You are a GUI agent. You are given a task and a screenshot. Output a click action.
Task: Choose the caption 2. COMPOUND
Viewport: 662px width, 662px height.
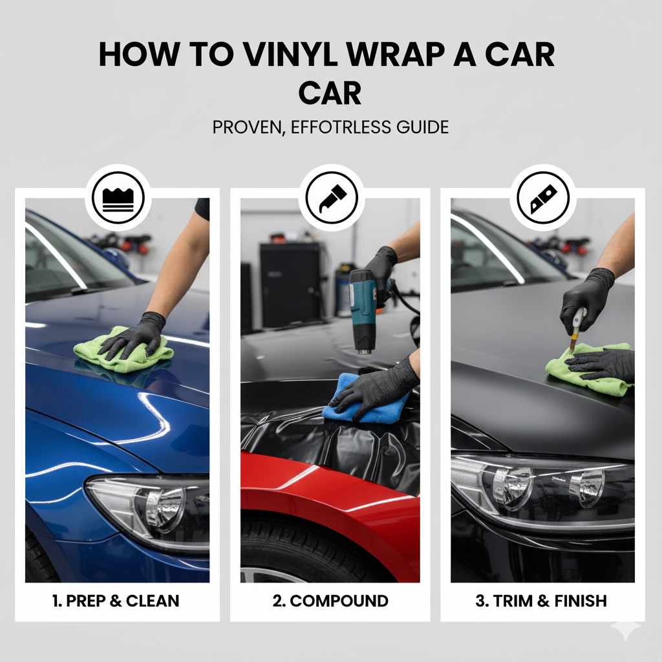pos(330,601)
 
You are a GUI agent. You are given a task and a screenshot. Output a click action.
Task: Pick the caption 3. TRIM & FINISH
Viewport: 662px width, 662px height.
pos(541,601)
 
